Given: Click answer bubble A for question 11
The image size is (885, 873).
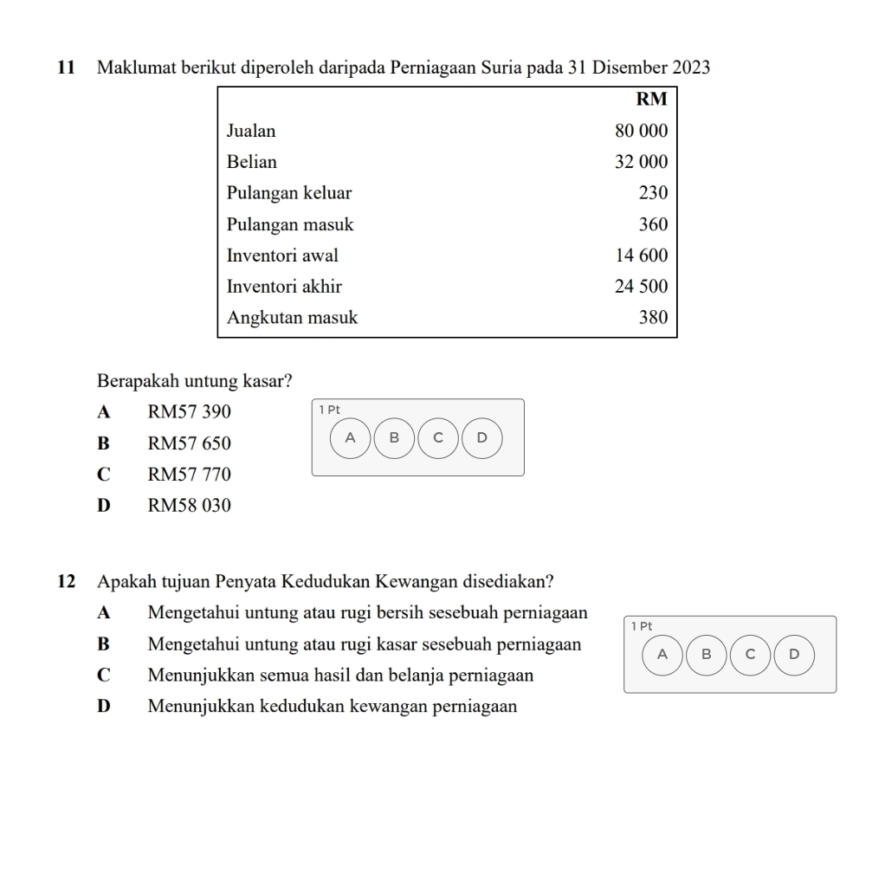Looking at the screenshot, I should point(350,437).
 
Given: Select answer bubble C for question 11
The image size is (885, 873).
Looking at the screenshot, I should point(438,437).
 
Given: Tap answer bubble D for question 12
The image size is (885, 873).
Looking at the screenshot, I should point(794,654).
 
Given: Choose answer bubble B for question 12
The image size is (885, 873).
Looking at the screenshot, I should point(706,654).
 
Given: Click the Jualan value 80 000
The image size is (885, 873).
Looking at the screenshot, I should point(642,131).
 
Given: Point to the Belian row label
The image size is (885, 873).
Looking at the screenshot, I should point(252,162).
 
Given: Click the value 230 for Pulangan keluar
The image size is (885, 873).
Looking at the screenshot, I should point(654,193).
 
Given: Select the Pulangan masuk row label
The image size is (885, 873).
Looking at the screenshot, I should point(290,224).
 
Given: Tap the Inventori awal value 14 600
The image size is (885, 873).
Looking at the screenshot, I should point(642,255).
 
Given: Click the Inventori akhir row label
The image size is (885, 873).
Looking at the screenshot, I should point(284,287).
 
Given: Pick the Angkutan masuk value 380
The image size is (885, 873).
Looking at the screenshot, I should point(654,318).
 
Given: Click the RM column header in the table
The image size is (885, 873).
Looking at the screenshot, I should point(652,99).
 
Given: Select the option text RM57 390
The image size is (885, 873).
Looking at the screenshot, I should point(190,412).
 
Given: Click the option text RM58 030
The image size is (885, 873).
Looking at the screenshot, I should point(190,506).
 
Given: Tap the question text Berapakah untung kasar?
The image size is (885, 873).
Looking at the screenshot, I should point(195,380).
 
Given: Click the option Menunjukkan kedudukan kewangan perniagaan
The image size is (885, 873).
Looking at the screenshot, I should point(333,707).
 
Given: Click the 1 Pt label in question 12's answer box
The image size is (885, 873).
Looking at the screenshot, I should point(641,625).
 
